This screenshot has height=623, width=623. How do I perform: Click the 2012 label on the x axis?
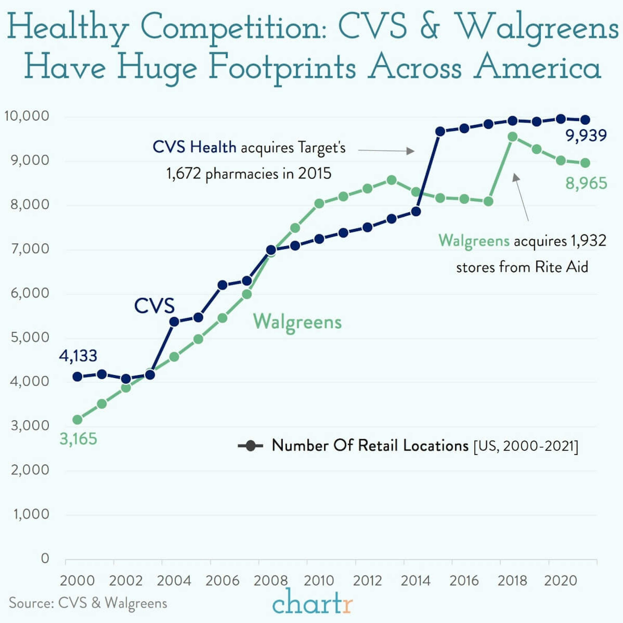[x=367, y=580]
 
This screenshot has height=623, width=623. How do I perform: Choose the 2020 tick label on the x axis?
[x=560, y=580]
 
